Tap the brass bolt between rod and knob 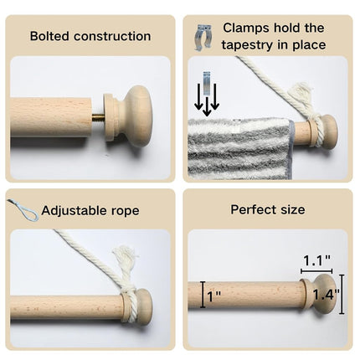pyautogui.click(x=97, y=118)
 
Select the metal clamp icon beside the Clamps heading pyautogui.click(x=203, y=38)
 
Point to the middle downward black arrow pyautogui.click(x=207, y=106)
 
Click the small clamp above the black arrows pyautogui.click(x=207, y=84)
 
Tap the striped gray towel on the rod pyautogui.click(x=240, y=149)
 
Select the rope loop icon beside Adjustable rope pyautogui.click(x=23, y=209)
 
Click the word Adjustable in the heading pyautogui.click(x=75, y=211)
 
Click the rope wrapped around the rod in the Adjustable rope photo pyautogui.click(x=129, y=305)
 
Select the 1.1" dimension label pyautogui.click(x=316, y=260)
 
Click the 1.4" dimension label pyautogui.click(x=326, y=295)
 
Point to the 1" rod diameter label pyautogui.click(x=214, y=297)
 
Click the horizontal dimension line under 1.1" pyautogui.click(x=316, y=271)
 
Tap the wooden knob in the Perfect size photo pyautogui.click(x=320, y=294)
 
